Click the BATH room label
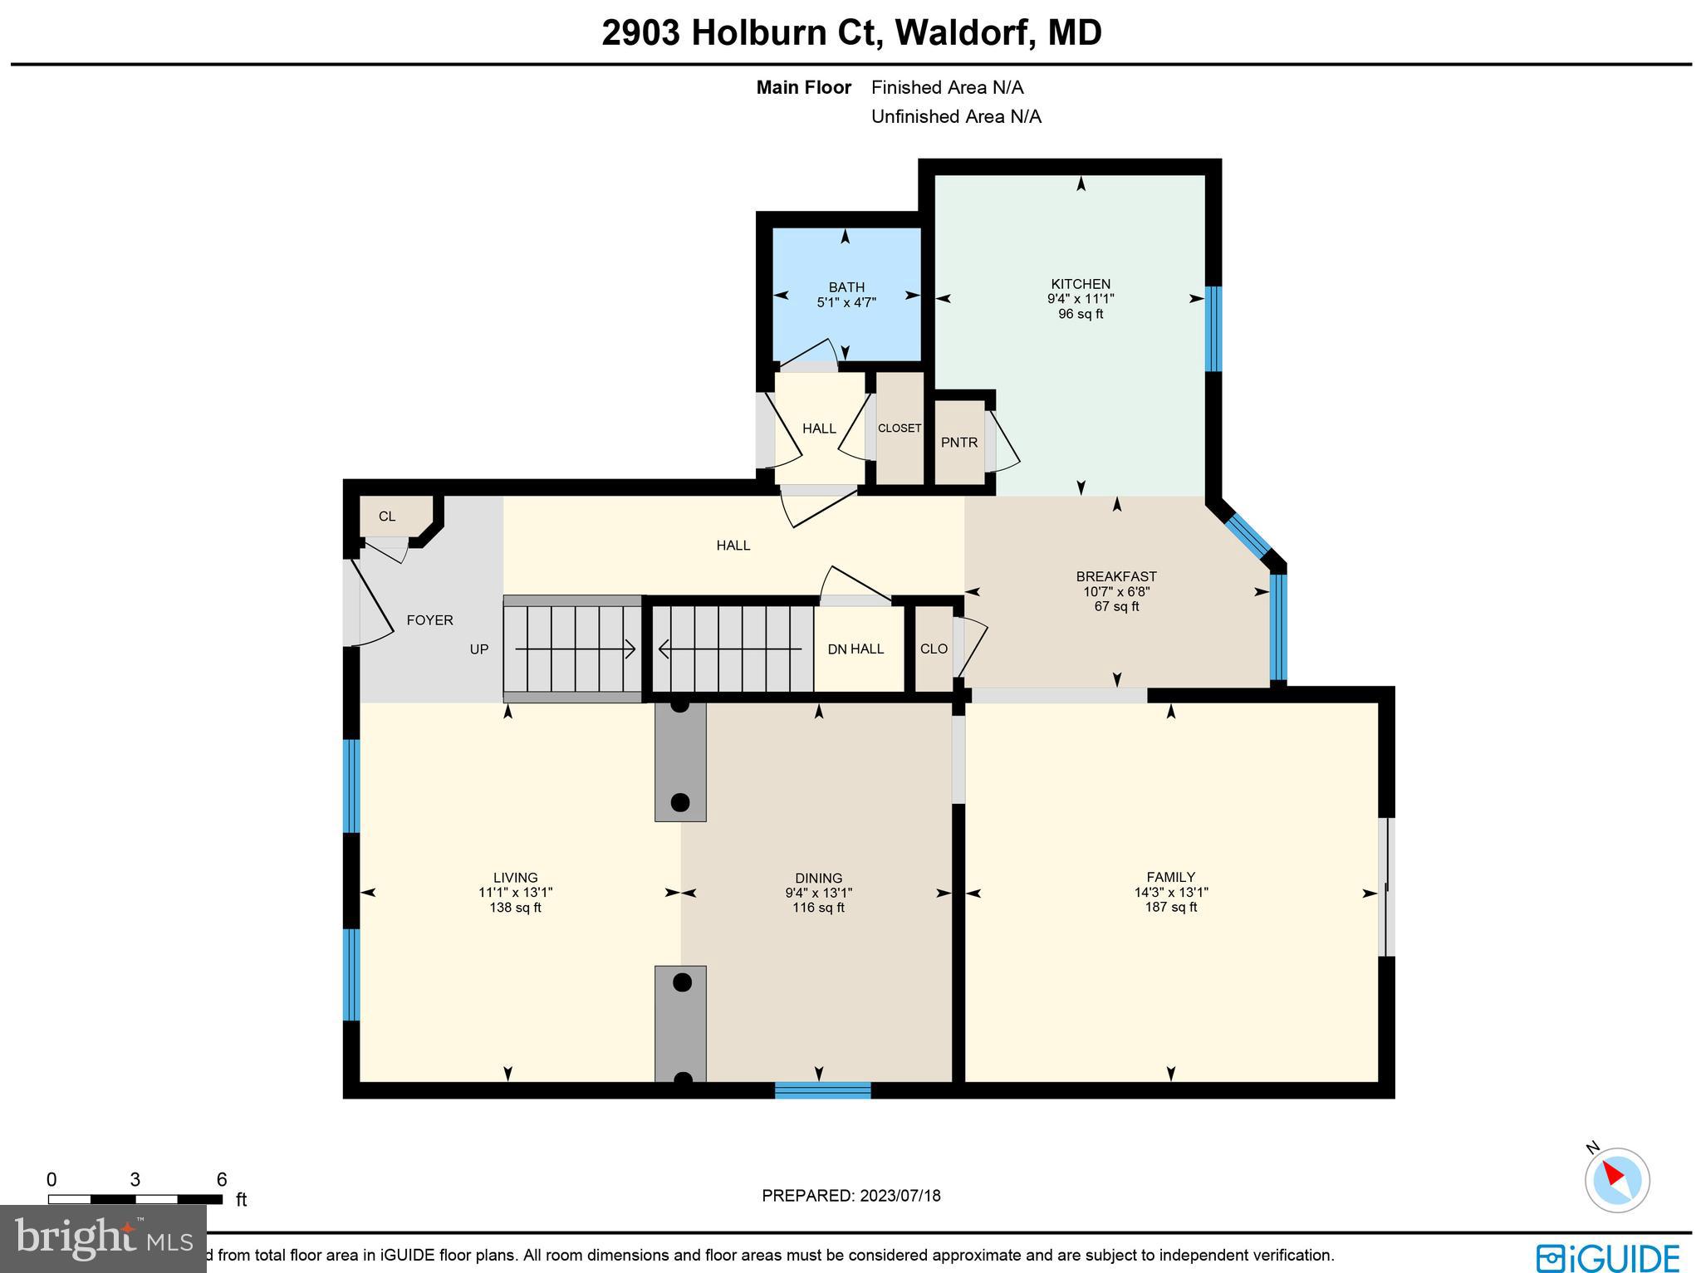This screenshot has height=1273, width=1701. tap(846, 287)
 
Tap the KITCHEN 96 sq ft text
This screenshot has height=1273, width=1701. tap(1080, 314)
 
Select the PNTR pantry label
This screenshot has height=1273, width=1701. tap(958, 443)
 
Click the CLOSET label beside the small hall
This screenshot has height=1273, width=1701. tap(899, 428)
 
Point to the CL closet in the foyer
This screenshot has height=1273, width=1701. tap(387, 517)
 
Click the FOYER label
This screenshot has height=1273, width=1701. tap(429, 620)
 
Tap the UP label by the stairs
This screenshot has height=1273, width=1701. tap(479, 649)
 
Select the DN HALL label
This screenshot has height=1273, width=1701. tap(855, 649)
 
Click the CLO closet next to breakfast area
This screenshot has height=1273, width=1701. tap(934, 649)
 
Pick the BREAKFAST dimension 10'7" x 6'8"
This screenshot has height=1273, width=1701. tap(1116, 592)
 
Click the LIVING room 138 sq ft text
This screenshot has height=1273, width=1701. tap(515, 908)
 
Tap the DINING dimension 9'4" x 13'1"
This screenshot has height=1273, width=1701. tap(818, 893)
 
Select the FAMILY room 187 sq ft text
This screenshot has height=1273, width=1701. tap(1170, 907)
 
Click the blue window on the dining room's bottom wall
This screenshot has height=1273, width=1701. tap(822, 1090)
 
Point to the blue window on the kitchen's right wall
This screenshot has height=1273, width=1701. tap(1213, 329)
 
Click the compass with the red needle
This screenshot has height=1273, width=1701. tap(1616, 1179)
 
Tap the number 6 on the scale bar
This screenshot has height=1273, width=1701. tap(221, 1180)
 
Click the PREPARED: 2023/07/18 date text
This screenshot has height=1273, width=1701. tap(850, 1196)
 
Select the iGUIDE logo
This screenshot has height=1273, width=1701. tap(1608, 1256)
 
